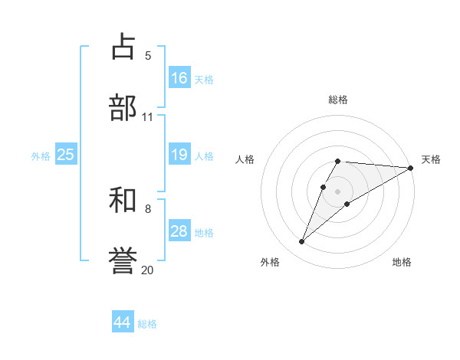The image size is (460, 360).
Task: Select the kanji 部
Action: (123, 107)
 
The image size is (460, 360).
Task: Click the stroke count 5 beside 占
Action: (148, 55)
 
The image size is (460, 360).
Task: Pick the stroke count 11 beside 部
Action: (148, 116)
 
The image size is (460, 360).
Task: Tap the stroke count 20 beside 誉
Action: (148, 270)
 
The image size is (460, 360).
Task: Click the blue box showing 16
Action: (179, 78)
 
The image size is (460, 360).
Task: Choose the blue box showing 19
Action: (179, 155)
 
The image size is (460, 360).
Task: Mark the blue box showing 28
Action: (179, 231)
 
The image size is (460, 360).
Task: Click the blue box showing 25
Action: (66, 155)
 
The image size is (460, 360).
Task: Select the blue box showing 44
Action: (123, 322)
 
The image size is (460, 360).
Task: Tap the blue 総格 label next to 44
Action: (147, 324)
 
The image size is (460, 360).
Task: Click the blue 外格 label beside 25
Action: (41, 156)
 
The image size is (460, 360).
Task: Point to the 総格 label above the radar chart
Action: (338, 100)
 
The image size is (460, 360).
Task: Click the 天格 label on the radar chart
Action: (431, 159)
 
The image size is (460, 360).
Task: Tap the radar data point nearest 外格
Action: (302, 242)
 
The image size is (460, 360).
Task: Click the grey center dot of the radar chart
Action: (338, 191)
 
